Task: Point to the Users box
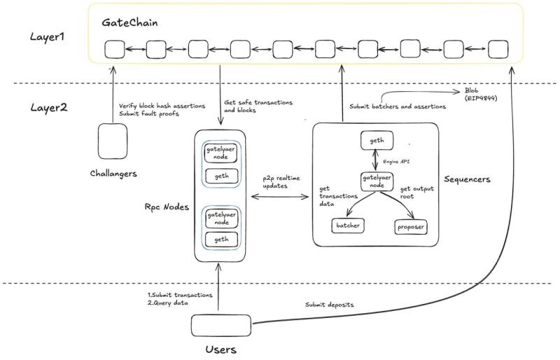[220, 325]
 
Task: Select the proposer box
[412, 228]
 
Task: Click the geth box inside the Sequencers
[375, 140]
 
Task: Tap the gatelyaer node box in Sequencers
[375, 181]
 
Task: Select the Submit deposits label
[328, 305]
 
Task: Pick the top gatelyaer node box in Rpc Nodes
[220, 153]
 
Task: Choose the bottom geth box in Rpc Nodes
[220, 240]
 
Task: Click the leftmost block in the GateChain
[114, 50]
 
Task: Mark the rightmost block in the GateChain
[498, 50]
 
